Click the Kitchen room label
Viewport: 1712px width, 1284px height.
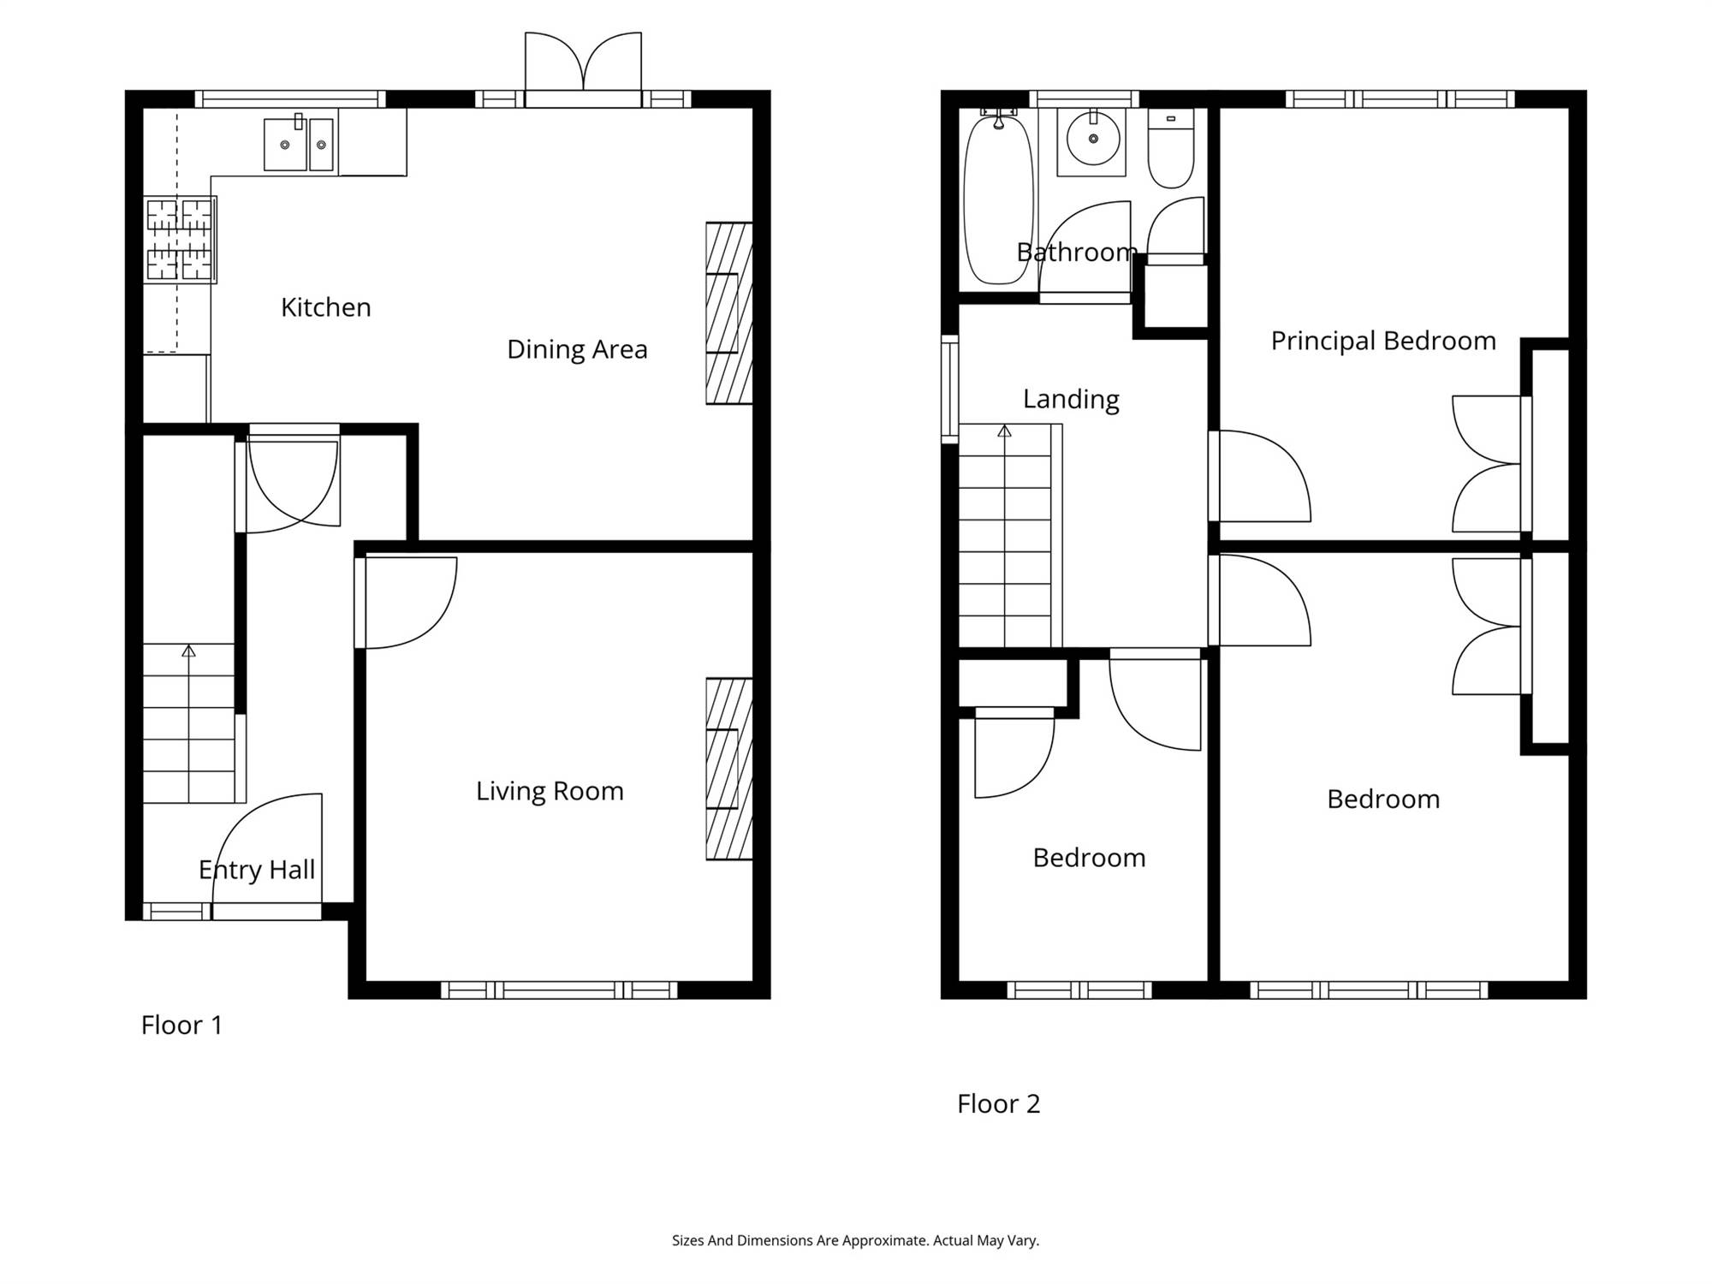326,307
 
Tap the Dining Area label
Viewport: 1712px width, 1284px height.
577,349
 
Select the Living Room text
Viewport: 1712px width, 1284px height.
550,791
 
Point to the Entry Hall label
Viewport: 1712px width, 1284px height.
257,871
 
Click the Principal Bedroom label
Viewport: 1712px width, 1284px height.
1383,341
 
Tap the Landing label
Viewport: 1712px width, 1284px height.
1071,400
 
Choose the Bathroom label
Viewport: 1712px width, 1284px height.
1077,253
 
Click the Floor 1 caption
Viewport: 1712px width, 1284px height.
181,1025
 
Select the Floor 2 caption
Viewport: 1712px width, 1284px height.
998,1103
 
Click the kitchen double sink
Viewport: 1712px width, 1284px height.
298,144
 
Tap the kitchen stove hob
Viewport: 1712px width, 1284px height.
180,240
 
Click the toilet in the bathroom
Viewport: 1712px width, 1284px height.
1170,149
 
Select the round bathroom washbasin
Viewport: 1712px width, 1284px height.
1091,139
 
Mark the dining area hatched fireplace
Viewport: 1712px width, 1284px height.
729,313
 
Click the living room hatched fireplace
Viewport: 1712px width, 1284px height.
729,769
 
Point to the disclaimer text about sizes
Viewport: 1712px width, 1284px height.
855,1240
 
